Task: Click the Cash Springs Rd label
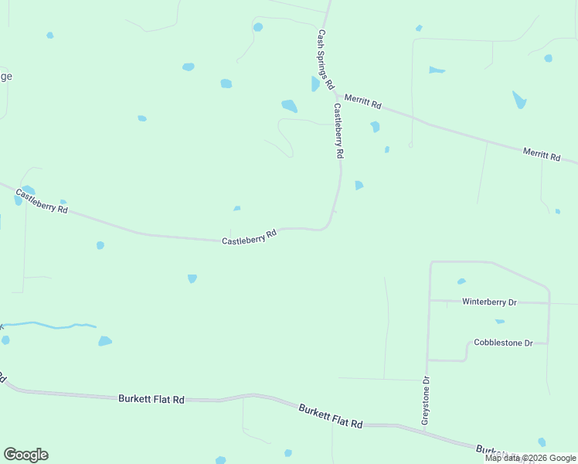tap(325, 59)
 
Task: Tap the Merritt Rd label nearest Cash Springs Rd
tap(363, 101)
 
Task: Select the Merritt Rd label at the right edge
tap(541, 154)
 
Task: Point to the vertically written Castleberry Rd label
tap(338, 131)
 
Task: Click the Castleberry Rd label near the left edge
tap(42, 201)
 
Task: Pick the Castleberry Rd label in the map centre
tap(249, 237)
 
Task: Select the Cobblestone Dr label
tap(503, 343)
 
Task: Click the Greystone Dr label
tap(425, 399)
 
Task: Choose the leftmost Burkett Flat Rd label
tap(151, 399)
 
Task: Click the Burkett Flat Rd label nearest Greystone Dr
tap(331, 416)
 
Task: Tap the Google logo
tap(25, 455)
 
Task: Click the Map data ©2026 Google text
tap(530, 458)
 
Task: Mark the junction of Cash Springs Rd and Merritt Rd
tap(335, 91)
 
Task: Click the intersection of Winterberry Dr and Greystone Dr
tap(430, 300)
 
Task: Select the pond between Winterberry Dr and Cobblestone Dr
tap(500, 321)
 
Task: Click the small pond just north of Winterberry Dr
tap(461, 281)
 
